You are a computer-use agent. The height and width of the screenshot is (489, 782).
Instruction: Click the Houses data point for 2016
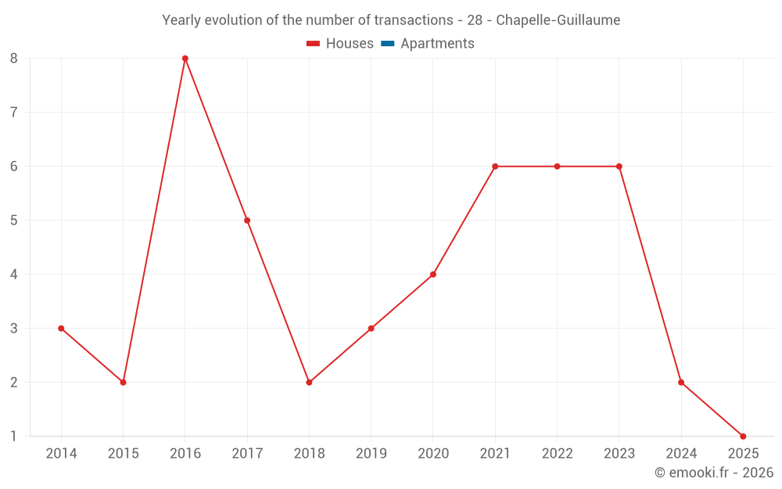[185, 59]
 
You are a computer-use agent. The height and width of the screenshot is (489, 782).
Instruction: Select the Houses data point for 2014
[61, 329]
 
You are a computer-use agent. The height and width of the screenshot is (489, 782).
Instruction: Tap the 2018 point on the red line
[309, 383]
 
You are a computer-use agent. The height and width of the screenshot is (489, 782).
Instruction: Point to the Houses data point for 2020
[433, 275]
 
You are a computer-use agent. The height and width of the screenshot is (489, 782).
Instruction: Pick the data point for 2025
[743, 437]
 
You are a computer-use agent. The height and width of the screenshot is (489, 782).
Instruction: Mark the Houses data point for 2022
[557, 167]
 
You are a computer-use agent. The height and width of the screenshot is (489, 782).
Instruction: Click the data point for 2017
[247, 221]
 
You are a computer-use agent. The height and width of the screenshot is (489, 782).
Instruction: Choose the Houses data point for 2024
[681, 383]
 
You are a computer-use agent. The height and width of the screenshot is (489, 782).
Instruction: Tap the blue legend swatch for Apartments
[387, 44]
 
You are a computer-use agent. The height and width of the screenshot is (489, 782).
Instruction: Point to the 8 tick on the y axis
[14, 59]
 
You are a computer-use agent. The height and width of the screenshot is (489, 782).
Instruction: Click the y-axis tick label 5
[14, 221]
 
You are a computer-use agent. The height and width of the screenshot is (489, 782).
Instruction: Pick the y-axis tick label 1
[14, 437]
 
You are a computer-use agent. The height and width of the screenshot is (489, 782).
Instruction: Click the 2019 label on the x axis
[371, 454]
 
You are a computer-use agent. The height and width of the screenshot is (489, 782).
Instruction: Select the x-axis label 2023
[619, 454]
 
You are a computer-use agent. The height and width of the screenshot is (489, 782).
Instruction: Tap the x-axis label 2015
[123, 454]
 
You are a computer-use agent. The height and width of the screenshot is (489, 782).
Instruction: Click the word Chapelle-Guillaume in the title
[558, 20]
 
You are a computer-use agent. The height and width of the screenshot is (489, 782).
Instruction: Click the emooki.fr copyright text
[714, 473]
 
